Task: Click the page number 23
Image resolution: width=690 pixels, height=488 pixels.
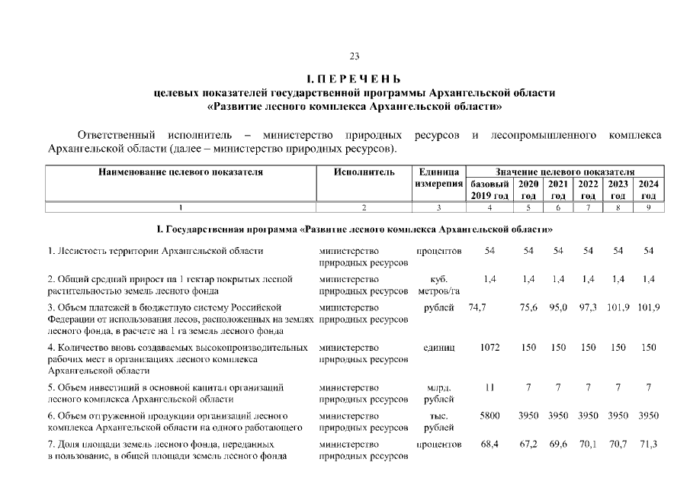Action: click(x=354, y=56)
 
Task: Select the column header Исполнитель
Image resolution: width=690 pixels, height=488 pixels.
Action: click(x=364, y=172)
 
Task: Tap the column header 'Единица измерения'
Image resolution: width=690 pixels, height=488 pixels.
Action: click(x=438, y=178)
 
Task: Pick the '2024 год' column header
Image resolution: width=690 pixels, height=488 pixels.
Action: click(x=648, y=190)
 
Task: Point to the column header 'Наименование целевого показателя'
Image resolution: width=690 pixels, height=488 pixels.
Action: click(x=181, y=172)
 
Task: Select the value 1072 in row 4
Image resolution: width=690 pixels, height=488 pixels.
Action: click(x=489, y=348)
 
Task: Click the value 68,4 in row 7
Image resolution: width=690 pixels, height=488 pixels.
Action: click(x=489, y=444)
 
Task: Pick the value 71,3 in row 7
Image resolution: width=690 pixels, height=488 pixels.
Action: click(x=648, y=444)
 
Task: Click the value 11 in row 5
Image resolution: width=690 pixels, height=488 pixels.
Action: click(x=489, y=387)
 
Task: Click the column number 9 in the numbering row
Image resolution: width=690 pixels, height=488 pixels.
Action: click(x=648, y=207)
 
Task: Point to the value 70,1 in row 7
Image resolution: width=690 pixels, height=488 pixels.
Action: click(x=587, y=444)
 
